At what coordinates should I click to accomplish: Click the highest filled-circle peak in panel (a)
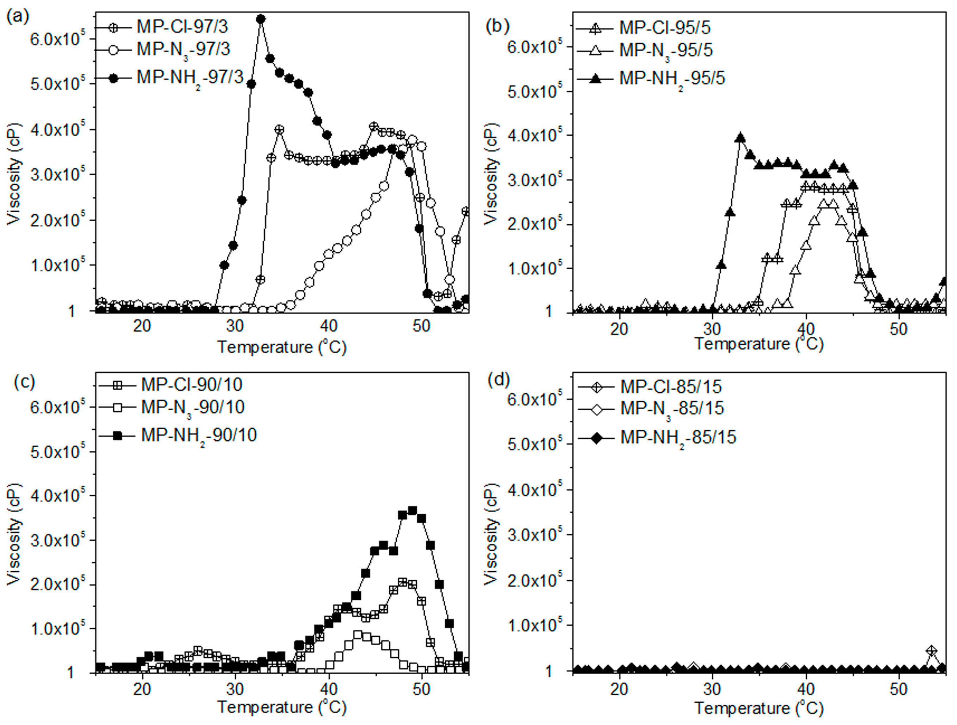coord(261,19)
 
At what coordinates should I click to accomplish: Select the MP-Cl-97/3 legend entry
coord(182,27)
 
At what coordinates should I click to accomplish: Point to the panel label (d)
coord(498,379)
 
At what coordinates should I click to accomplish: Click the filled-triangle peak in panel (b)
coord(740,138)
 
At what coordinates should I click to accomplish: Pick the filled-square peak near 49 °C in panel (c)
coord(412,511)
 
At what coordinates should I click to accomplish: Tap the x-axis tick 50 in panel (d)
coord(898,689)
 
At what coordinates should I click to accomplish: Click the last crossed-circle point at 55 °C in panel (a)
coord(466,211)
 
